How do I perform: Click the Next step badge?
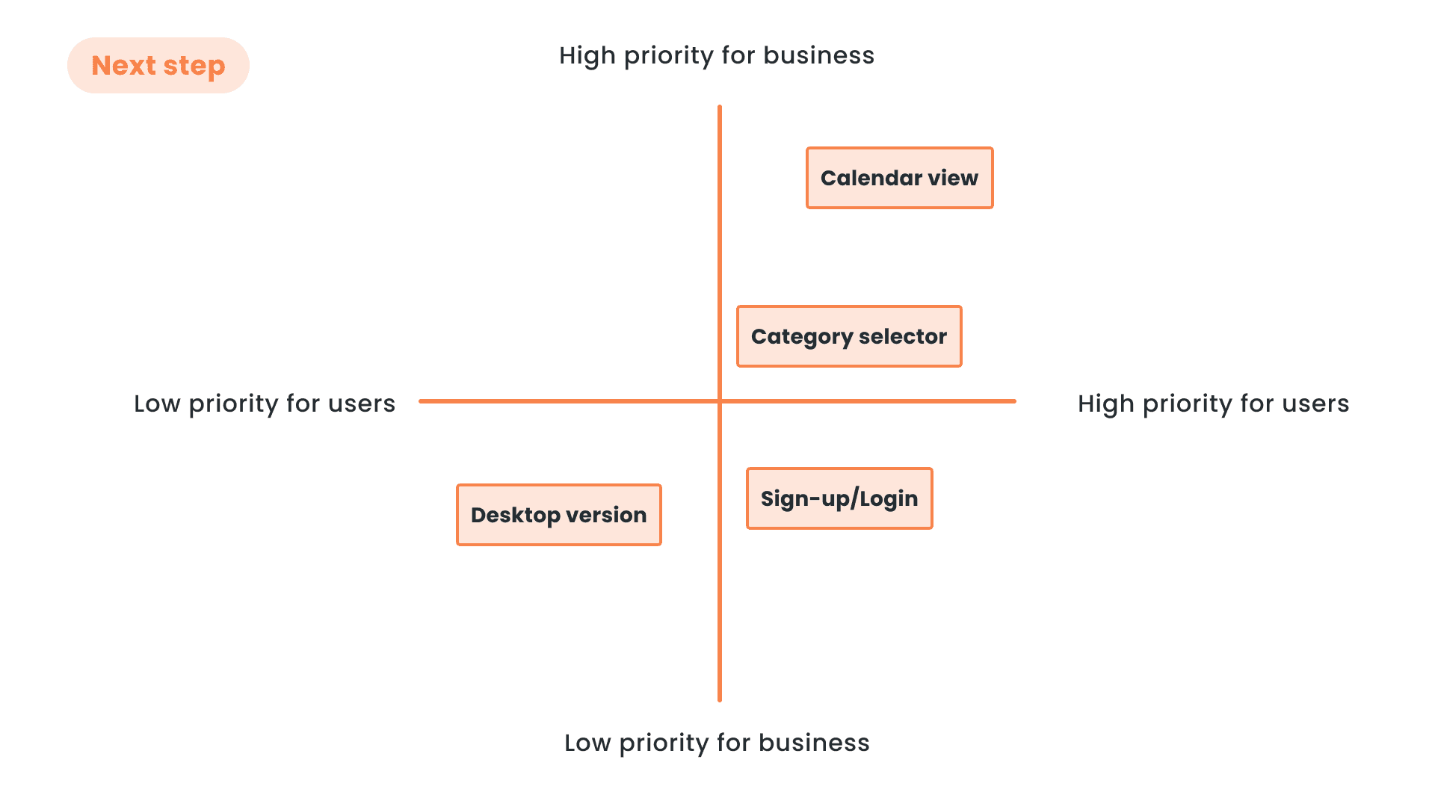click(158, 66)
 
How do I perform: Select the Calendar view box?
click(899, 178)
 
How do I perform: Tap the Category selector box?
click(848, 336)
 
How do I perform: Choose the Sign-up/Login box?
click(839, 498)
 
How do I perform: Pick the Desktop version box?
click(558, 515)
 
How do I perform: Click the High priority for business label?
click(716, 56)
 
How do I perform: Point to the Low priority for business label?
click(716, 743)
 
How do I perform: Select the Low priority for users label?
click(264, 403)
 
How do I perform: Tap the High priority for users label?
click(1213, 403)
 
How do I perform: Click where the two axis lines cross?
click(720, 401)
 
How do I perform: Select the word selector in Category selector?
click(903, 336)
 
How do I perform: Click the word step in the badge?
click(194, 67)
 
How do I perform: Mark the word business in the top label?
click(818, 56)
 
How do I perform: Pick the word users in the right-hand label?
click(1315, 403)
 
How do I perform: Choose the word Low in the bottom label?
click(587, 743)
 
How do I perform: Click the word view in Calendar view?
click(953, 178)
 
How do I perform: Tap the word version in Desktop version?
click(606, 515)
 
